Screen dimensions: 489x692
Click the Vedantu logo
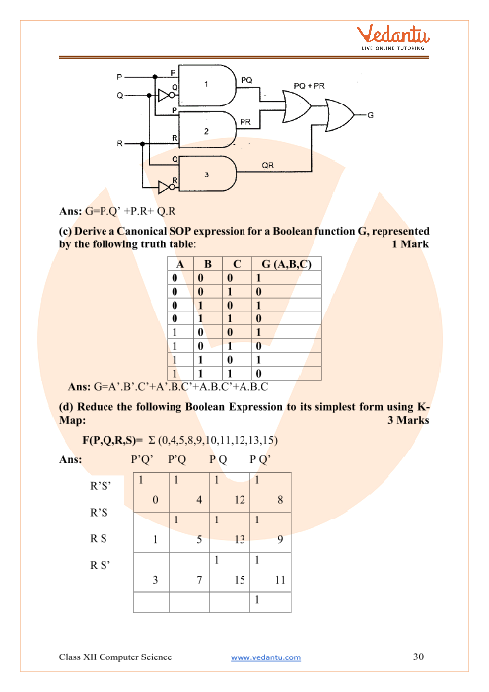tap(392, 37)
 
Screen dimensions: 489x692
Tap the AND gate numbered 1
tap(207, 86)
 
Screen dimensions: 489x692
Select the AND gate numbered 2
tap(207, 129)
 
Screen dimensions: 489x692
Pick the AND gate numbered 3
tap(207, 173)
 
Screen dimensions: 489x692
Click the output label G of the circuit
tap(371, 115)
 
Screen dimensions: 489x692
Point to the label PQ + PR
tap(309, 86)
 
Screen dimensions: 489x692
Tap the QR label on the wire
tap(267, 165)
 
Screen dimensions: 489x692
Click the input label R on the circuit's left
tap(119, 144)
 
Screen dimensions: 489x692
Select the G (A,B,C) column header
tap(287, 264)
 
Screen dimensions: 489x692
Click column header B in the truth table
tap(208, 264)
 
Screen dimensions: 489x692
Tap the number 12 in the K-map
tap(240, 500)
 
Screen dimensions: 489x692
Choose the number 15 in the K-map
tap(240, 580)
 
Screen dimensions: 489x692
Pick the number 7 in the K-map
tap(199, 580)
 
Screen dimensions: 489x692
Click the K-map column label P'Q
tap(177, 460)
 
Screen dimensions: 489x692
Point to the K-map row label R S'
tap(101, 565)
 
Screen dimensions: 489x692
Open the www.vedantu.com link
tap(265, 657)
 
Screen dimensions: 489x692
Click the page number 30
tap(418, 657)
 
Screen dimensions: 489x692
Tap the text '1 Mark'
tap(410, 244)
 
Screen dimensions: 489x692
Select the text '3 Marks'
tap(409, 420)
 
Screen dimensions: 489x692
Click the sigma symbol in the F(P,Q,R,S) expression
tap(152, 440)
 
